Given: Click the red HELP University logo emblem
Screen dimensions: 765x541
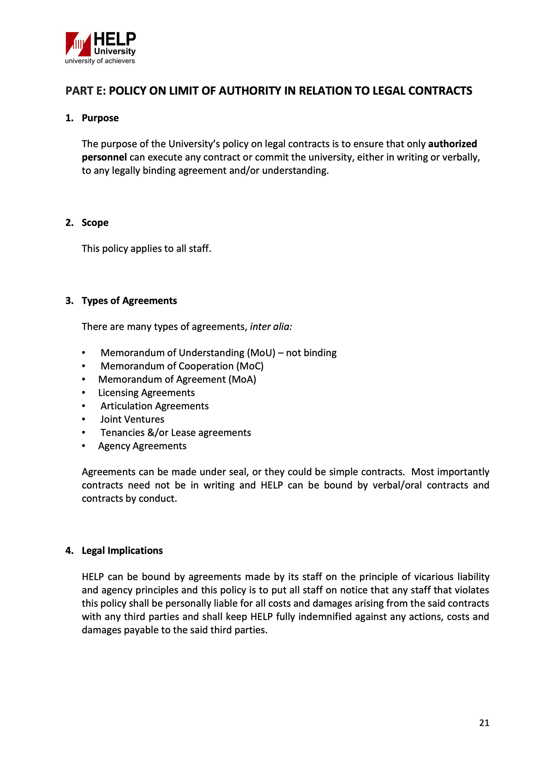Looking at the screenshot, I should click(78, 44).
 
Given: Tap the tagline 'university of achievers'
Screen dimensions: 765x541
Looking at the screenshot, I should click(100, 61).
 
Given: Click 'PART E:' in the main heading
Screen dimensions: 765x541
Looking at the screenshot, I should click(85, 91).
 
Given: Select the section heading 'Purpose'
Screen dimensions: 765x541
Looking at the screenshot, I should click(100, 118).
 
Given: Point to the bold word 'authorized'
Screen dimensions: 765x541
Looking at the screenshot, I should click(452, 144).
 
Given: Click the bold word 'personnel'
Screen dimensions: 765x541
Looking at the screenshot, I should click(104, 157).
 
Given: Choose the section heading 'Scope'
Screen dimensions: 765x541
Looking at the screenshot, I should click(95, 223).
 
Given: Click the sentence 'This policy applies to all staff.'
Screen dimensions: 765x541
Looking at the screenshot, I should click(146, 249).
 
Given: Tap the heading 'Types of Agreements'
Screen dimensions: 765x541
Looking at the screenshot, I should click(129, 301).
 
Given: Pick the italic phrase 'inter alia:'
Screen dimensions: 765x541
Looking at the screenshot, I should click(271, 327).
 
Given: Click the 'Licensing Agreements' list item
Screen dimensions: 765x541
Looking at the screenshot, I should click(146, 393).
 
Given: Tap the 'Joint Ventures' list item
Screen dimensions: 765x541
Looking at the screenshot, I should click(132, 419).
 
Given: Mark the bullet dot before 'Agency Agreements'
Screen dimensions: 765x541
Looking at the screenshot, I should click(84, 446).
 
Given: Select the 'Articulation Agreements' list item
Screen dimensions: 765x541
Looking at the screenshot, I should click(155, 406).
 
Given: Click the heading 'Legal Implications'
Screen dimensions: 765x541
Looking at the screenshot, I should click(122, 551).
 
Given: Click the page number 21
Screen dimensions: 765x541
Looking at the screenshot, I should click(484, 723).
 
